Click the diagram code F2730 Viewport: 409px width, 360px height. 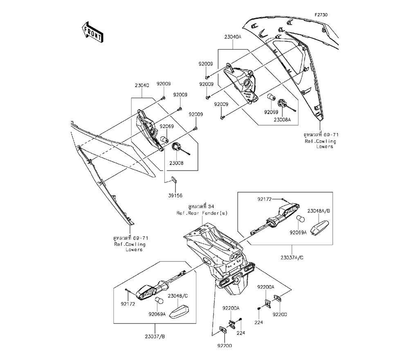(321, 15)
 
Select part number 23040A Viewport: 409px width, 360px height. (233, 37)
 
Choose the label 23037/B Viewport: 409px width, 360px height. (156, 337)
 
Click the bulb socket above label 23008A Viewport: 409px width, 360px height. (281, 103)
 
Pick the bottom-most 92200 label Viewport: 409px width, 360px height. (224, 345)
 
